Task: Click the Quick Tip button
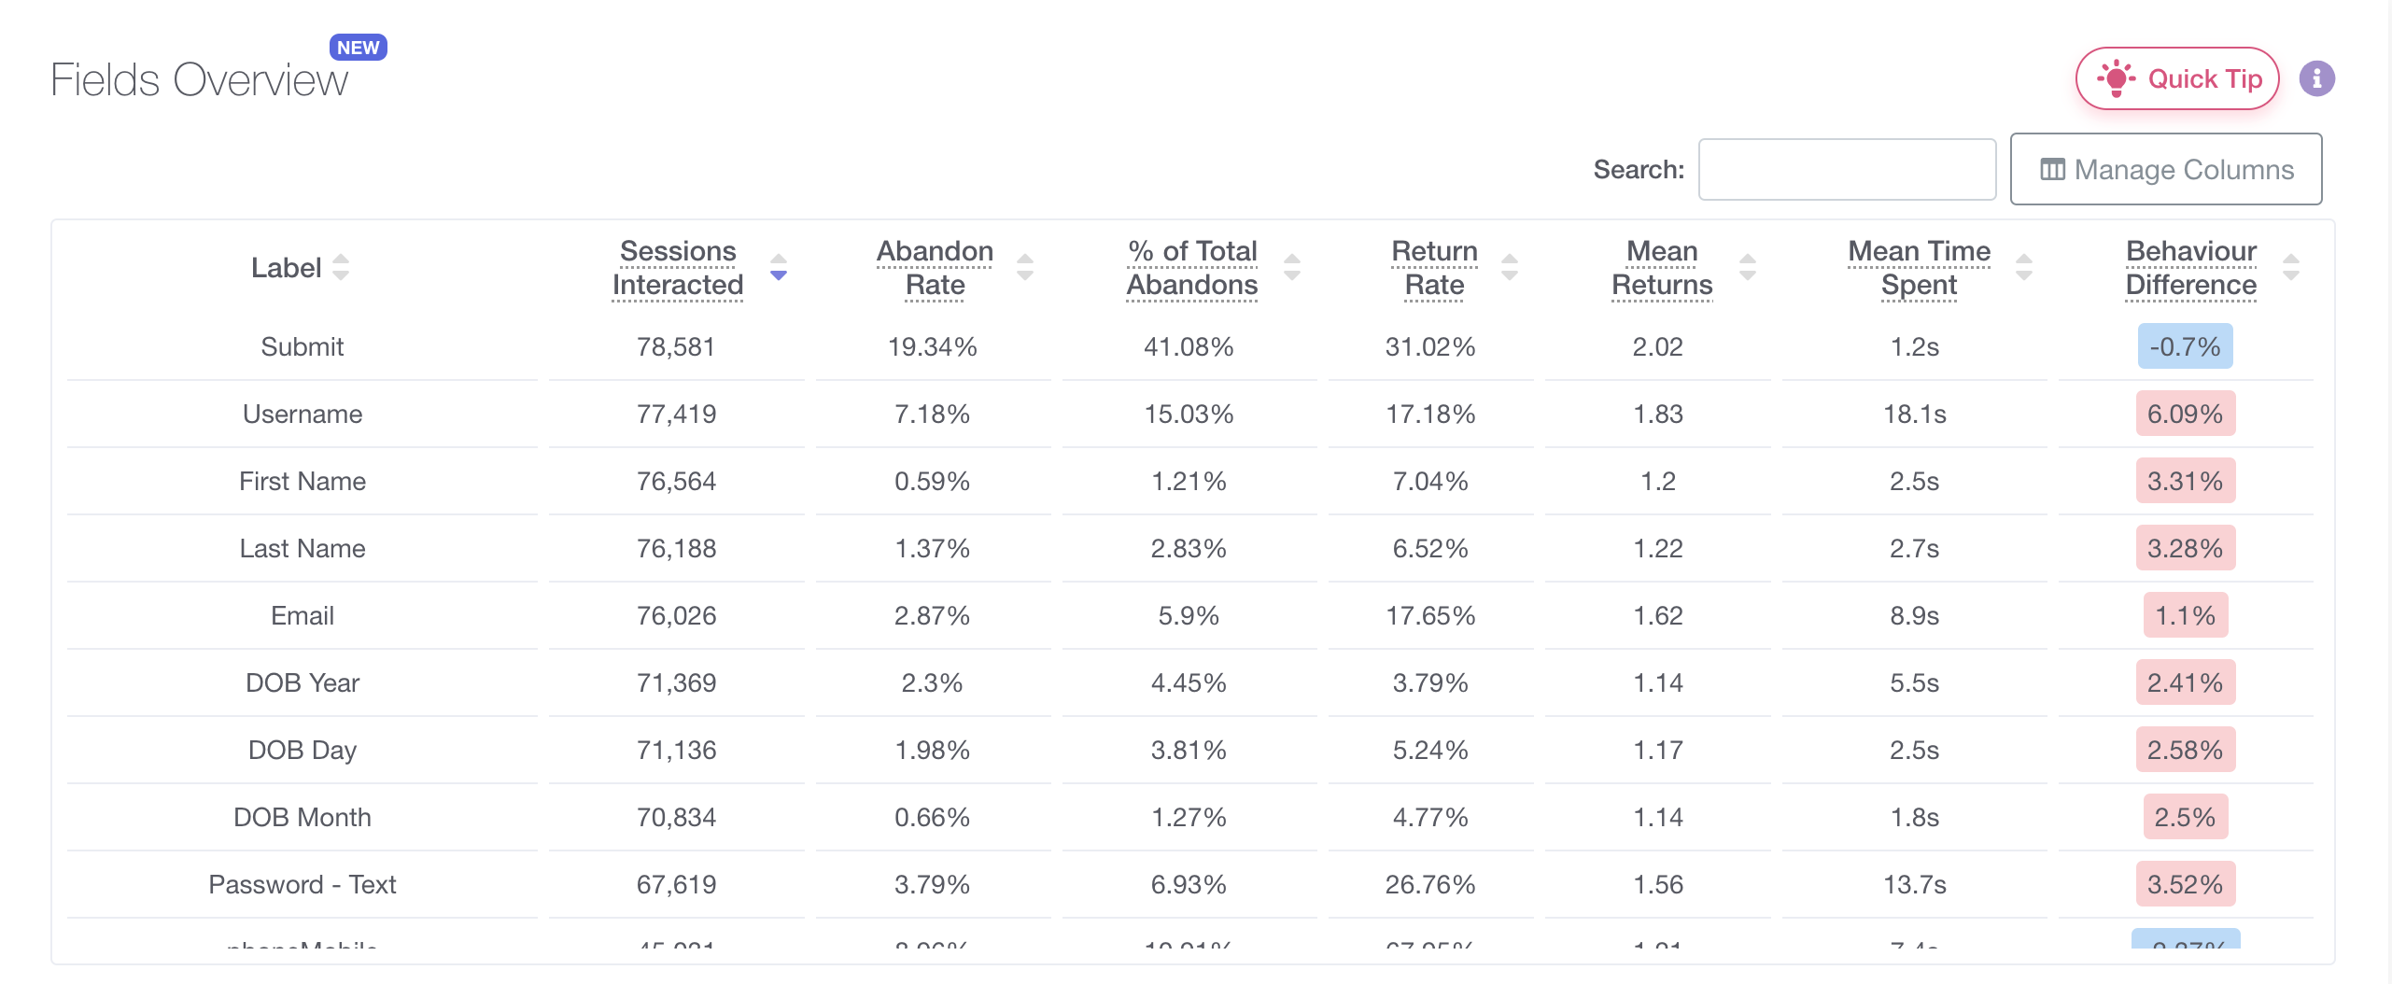click(2176, 79)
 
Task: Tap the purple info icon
click(2316, 79)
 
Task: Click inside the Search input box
click(1846, 170)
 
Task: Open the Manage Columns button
click(2165, 170)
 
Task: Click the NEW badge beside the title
click(358, 48)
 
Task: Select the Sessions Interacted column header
click(678, 268)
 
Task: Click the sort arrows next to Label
click(341, 268)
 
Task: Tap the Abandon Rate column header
click(935, 268)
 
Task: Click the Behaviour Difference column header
click(2190, 268)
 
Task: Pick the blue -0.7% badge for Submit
click(2185, 347)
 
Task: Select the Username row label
click(303, 415)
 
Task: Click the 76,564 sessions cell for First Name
click(676, 482)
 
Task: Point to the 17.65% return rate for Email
click(1429, 616)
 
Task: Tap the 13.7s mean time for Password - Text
click(1914, 885)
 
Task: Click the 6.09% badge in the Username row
click(2185, 415)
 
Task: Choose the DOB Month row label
click(303, 818)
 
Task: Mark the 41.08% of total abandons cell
click(1189, 347)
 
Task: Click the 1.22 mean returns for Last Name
click(1657, 549)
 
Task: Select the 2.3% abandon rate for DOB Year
click(932, 683)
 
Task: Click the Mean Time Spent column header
click(1919, 268)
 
